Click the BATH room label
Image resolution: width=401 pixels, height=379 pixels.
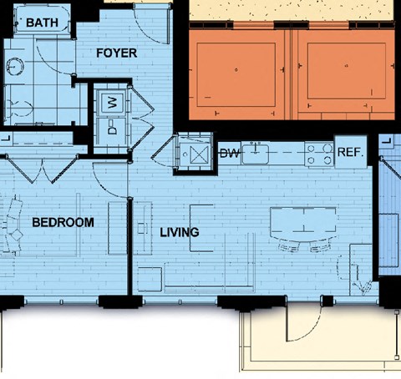[42, 23]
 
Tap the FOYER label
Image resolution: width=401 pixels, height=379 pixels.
[116, 53]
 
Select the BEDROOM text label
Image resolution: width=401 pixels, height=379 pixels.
[63, 222]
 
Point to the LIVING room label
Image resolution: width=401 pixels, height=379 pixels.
[180, 232]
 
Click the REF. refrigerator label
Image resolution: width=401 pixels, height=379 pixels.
[351, 152]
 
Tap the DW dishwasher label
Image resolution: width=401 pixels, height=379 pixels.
[230, 153]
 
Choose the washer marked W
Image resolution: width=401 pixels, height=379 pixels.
[112, 103]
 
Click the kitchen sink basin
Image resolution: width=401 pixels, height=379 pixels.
[256, 154]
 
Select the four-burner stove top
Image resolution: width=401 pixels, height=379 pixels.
[319, 154]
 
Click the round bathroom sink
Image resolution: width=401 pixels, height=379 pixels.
[14, 67]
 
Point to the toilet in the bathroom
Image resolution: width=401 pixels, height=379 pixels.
[19, 109]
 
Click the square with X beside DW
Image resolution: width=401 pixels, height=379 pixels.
[199, 154]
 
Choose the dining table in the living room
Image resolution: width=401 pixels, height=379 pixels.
[303, 224]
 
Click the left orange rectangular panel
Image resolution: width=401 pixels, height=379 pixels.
[236, 74]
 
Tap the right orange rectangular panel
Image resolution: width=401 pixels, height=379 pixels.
[347, 71]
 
